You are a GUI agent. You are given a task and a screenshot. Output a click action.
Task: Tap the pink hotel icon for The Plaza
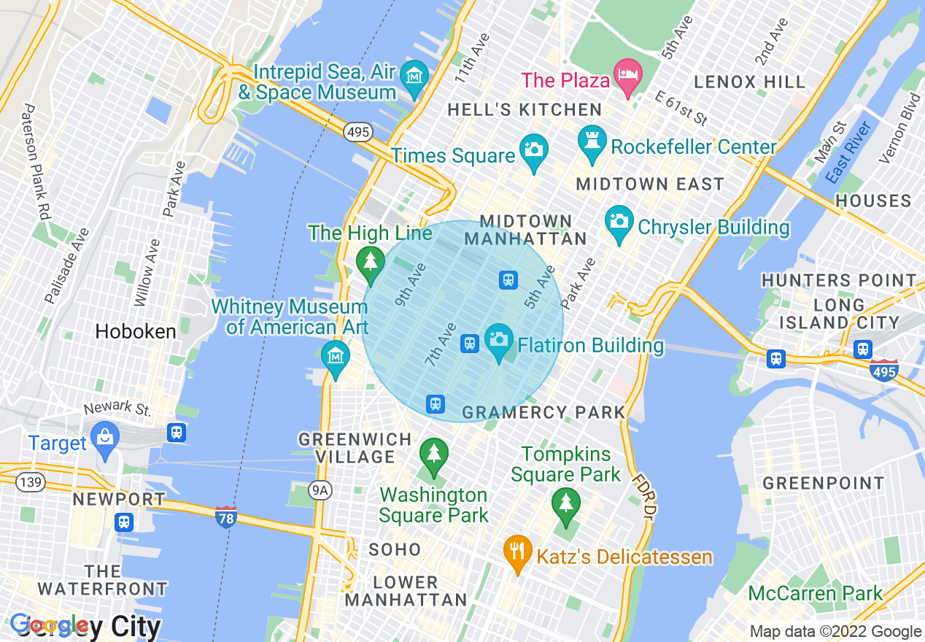click(628, 76)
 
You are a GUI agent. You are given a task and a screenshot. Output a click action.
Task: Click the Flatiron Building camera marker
click(499, 341)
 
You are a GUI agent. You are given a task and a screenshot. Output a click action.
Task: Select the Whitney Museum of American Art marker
click(336, 357)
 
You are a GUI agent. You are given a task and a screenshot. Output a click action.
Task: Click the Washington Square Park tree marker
click(434, 455)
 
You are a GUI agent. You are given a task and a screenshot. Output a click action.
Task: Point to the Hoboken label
click(136, 331)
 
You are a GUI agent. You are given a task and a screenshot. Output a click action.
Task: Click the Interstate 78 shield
click(226, 517)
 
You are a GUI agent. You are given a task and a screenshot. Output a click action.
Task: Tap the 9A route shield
click(320, 490)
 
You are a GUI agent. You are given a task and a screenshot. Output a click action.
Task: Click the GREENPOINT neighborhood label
click(823, 483)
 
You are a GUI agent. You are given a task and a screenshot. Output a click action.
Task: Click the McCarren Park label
click(816, 594)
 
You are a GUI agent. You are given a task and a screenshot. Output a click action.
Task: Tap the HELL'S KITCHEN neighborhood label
click(525, 110)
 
